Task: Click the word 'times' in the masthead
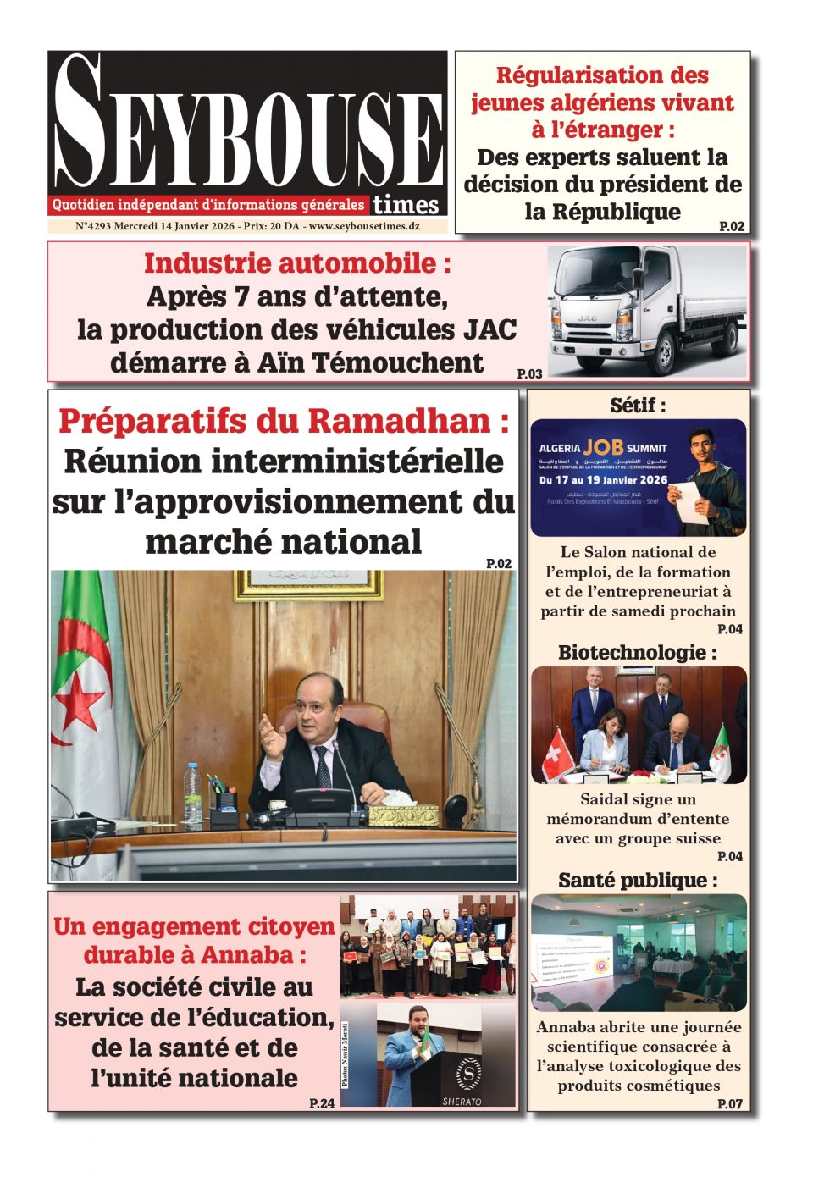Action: click(406, 204)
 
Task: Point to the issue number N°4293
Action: click(93, 226)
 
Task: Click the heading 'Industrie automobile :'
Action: click(297, 263)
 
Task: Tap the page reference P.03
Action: click(529, 373)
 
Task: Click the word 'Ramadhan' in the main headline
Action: click(398, 421)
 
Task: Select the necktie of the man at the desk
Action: click(323, 765)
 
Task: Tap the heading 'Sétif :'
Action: click(638, 406)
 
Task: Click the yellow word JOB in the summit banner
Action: click(604, 447)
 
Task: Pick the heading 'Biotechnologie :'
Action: click(638, 653)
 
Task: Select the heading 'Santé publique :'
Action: click(638, 881)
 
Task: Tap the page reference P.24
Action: click(322, 1102)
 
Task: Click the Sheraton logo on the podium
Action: click(467, 1075)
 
